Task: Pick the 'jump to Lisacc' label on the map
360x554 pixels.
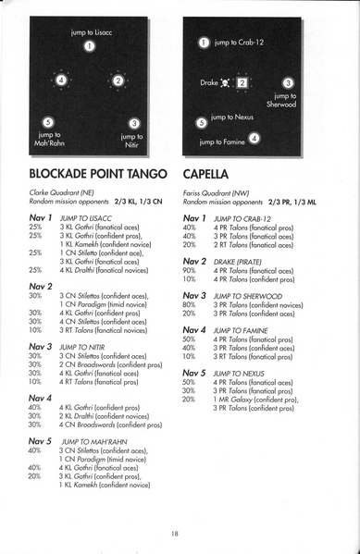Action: point(90,32)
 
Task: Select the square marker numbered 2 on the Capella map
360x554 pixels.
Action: point(242,83)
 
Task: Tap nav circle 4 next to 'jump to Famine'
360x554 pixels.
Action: point(254,138)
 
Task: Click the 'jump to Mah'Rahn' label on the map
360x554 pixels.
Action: point(47,139)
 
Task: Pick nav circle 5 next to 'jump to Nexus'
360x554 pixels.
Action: point(202,121)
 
